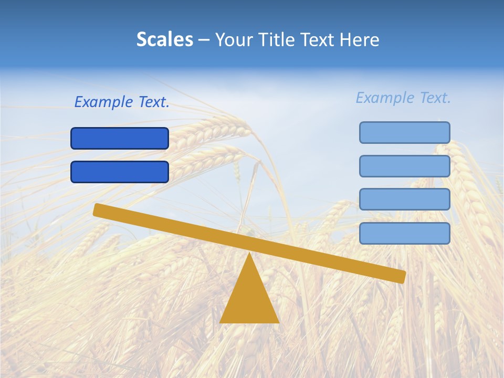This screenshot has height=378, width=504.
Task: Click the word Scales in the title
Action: pyautogui.click(x=164, y=39)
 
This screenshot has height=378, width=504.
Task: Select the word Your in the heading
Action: pyautogui.click(x=234, y=39)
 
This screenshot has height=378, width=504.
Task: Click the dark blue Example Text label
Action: pyautogui.click(x=122, y=102)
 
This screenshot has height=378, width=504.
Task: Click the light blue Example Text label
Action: pyautogui.click(x=403, y=98)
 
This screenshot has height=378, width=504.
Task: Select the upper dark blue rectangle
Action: pyautogui.click(x=120, y=139)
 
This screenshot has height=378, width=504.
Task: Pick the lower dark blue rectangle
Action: pyautogui.click(x=120, y=172)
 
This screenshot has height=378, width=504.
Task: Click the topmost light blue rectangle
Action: pyautogui.click(x=404, y=132)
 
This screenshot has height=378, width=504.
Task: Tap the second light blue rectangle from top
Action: pyautogui.click(x=404, y=166)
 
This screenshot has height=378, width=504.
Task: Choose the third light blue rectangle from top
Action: pyautogui.click(x=404, y=199)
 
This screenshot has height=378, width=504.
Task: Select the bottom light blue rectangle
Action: pyautogui.click(x=404, y=233)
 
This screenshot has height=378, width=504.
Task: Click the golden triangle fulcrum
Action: pyautogui.click(x=249, y=299)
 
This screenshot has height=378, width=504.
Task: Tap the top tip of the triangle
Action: pyautogui.click(x=249, y=255)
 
